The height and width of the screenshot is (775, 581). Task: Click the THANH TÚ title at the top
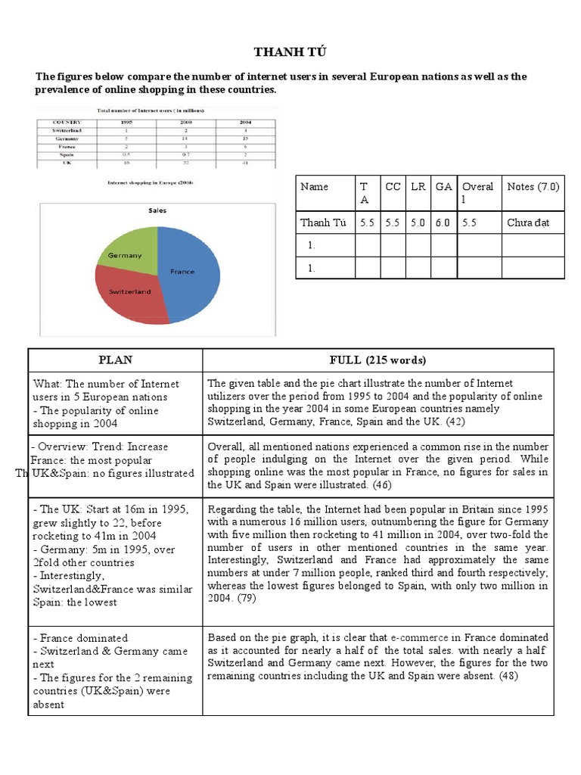click(290, 51)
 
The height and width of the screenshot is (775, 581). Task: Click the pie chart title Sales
click(157, 210)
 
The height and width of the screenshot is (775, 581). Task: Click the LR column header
click(418, 186)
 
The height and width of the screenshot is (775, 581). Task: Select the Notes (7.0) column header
click(533, 186)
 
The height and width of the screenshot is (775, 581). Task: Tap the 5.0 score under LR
click(418, 223)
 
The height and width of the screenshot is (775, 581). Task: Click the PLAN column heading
click(114, 360)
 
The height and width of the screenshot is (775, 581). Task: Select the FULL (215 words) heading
click(377, 360)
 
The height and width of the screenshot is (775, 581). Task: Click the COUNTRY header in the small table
click(66, 122)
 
